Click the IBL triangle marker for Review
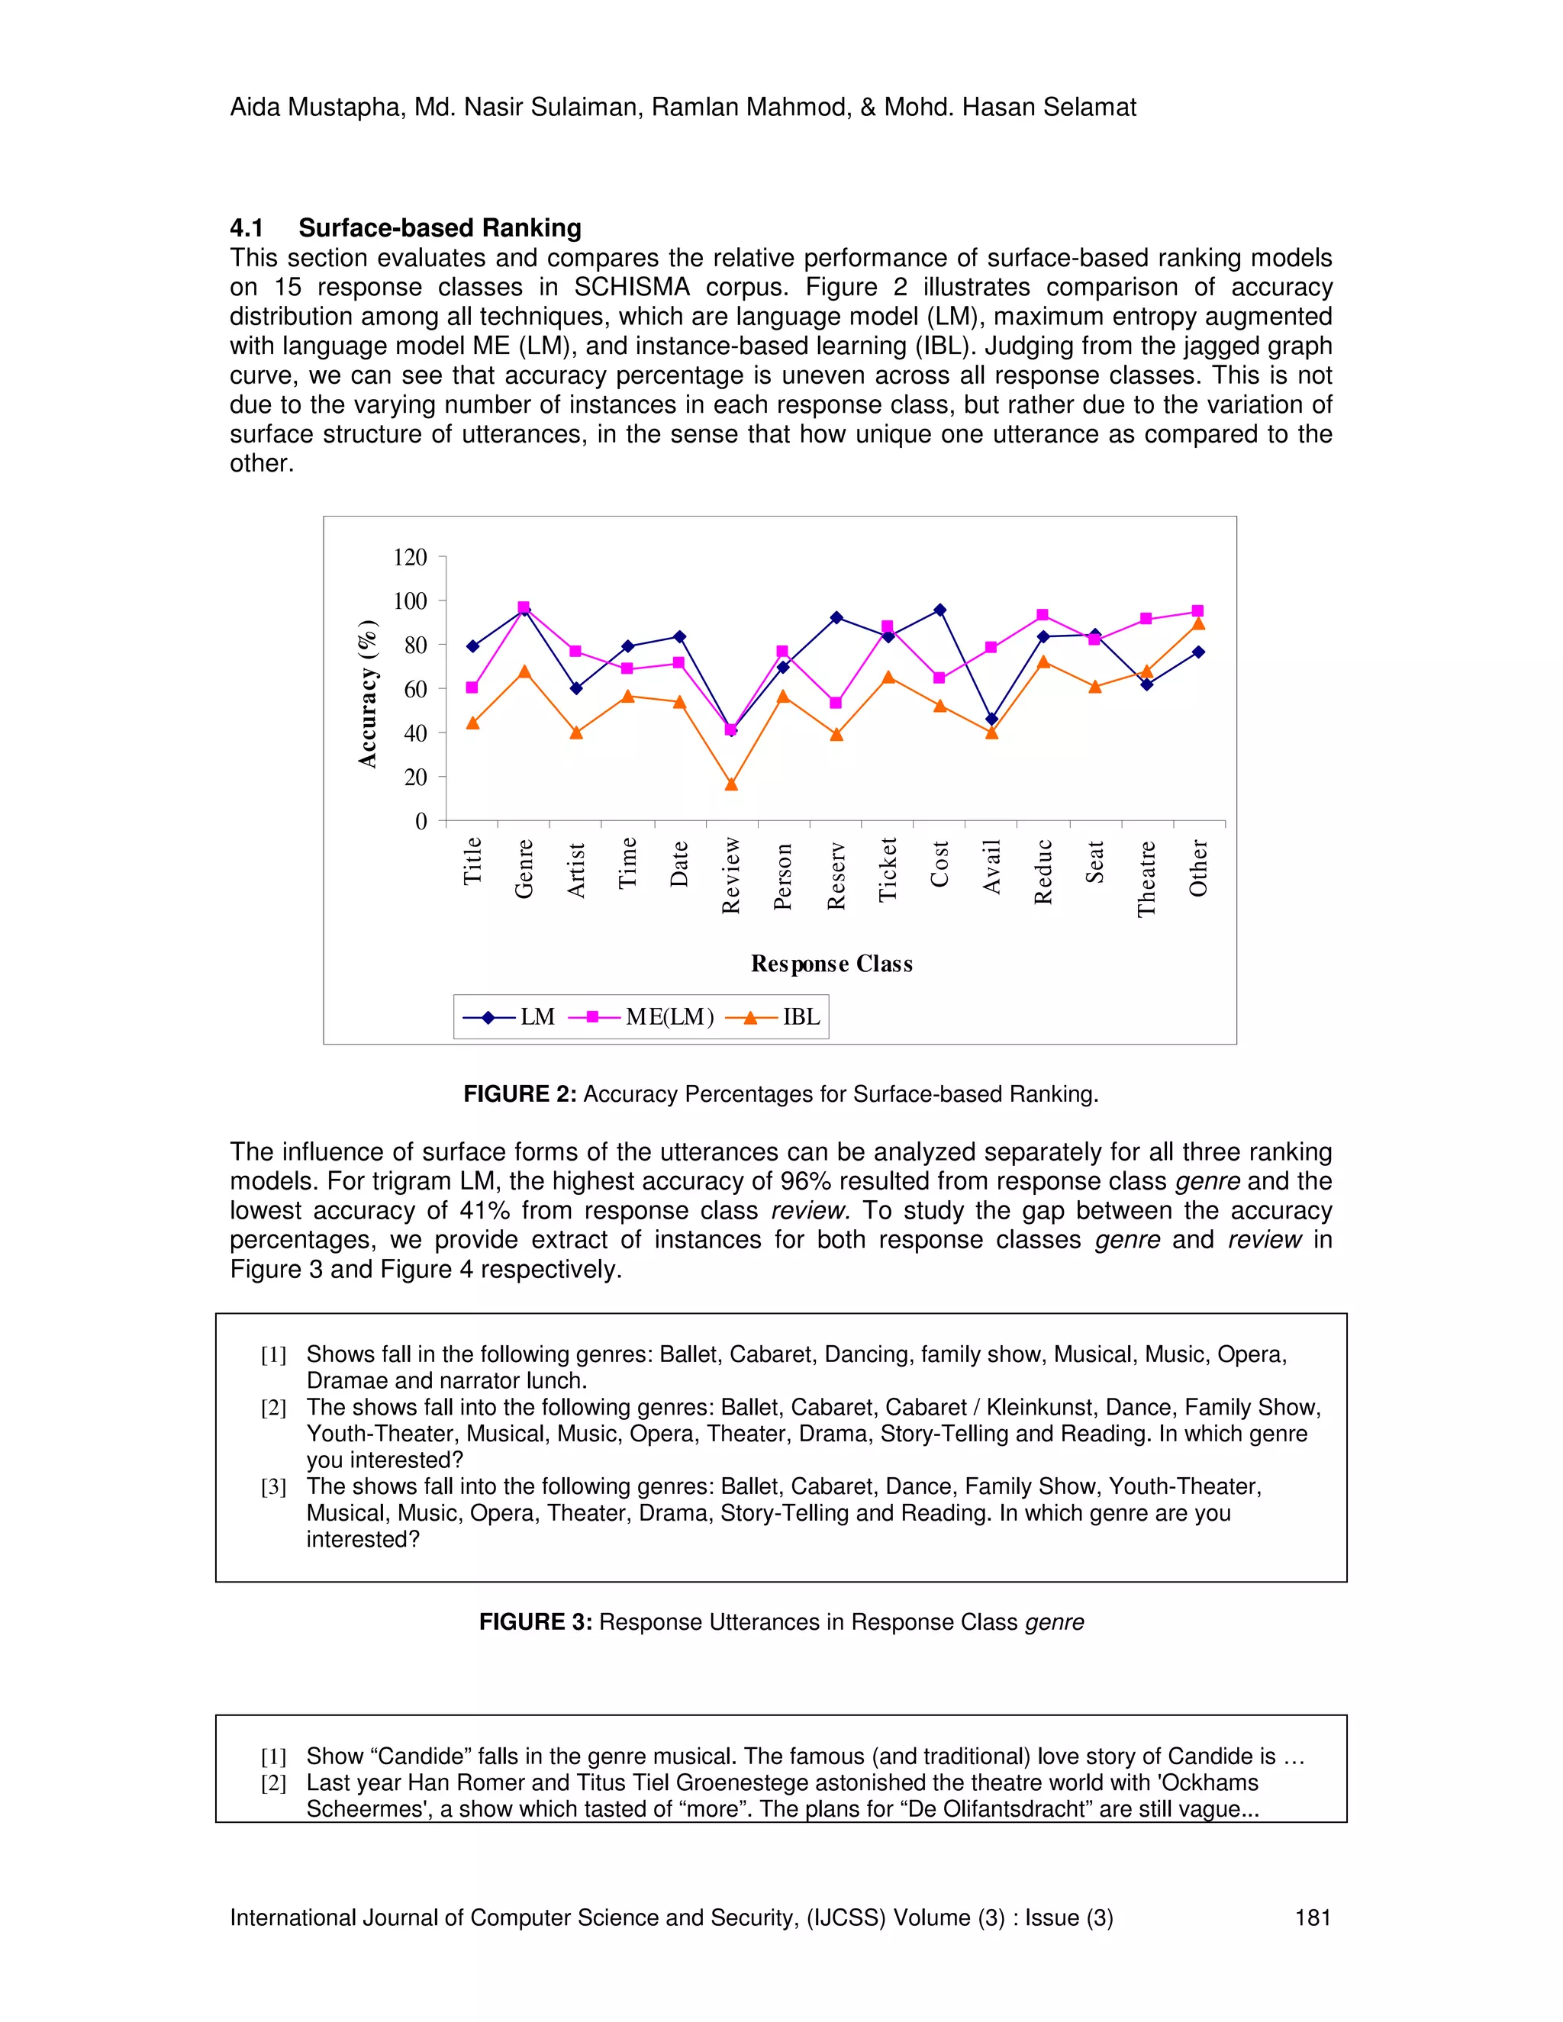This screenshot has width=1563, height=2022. [731, 784]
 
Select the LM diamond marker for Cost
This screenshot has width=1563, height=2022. [939, 610]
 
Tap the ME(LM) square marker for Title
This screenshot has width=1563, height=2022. [472, 688]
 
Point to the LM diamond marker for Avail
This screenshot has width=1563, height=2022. [991, 720]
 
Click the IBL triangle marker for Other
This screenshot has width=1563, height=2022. [1198, 624]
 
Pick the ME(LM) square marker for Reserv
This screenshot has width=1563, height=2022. [836, 703]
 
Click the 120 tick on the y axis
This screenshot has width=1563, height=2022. [410, 557]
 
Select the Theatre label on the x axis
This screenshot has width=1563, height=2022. [1147, 878]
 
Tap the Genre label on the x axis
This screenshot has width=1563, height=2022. [524, 868]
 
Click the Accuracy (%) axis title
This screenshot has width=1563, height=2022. [369, 694]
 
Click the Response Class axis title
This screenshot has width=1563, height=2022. [832, 964]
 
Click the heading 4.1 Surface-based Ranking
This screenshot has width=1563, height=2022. [405, 227]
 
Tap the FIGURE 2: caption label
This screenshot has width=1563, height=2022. [520, 1094]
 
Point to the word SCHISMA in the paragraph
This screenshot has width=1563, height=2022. [631, 287]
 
